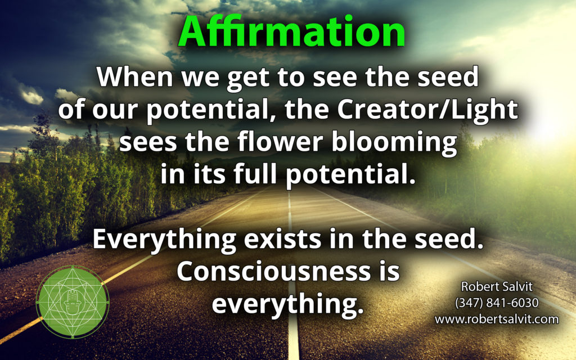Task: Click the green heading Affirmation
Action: pos(292,31)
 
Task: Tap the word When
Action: pos(135,76)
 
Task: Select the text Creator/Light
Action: pos(427,109)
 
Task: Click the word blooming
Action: pos(394,143)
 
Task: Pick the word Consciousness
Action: pos(274,271)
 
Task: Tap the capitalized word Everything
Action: pos(164,240)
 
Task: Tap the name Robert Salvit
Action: pos(497,286)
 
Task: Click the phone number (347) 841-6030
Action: pos(497,303)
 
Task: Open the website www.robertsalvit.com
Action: pos(497,319)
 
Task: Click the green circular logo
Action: pos(73,301)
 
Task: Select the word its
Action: pos(209,174)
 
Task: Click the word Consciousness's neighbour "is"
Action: pos(389,271)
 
